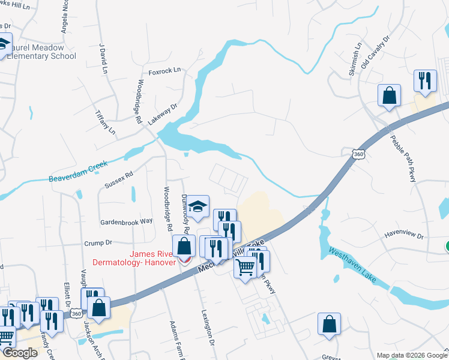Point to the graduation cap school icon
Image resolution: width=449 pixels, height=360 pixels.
(x=196, y=207)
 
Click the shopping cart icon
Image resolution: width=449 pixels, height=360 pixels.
(x=246, y=268)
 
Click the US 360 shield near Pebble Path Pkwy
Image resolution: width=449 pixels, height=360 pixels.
(x=358, y=154)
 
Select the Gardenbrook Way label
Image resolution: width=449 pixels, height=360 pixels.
(x=126, y=221)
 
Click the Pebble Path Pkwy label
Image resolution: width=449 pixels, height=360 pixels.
(x=402, y=158)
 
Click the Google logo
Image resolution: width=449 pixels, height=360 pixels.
(x=20, y=353)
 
